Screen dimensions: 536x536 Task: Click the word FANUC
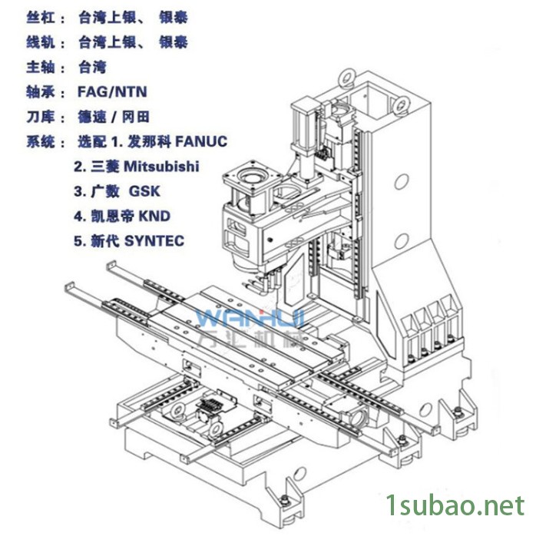201,141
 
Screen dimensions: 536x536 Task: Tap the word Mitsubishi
161,167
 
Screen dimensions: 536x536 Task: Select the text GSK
144,191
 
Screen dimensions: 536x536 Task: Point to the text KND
154,216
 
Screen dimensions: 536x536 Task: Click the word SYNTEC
154,241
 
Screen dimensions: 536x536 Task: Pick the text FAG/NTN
112,91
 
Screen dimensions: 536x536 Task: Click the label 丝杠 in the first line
41,18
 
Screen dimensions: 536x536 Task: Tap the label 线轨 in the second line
41,42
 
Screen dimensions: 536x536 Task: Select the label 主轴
41,68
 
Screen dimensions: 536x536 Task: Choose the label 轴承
41,92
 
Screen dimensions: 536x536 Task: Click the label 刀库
41,117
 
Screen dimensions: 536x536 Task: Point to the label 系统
41,141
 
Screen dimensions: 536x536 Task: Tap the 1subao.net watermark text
455,505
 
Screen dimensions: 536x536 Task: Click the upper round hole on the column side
402,181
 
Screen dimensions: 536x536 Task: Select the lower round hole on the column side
402,240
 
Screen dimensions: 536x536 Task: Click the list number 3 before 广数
78,191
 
